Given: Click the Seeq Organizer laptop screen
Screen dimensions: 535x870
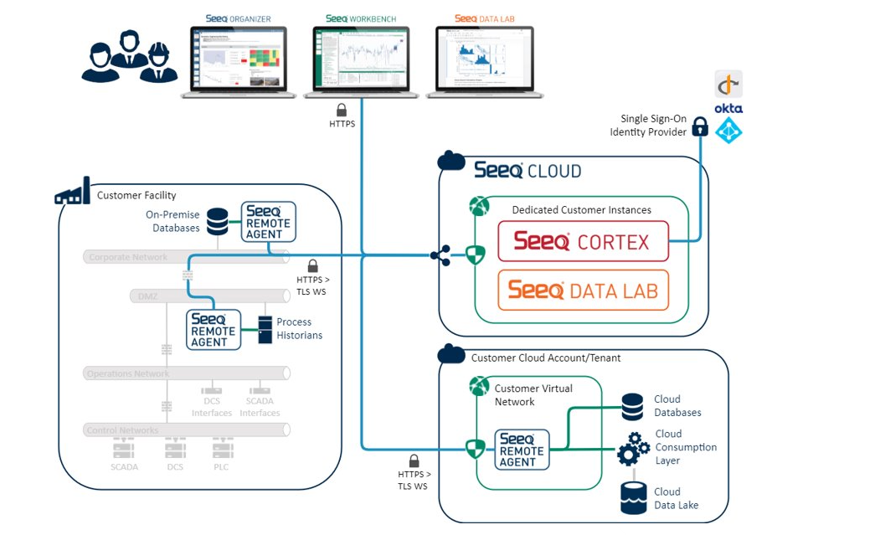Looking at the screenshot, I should [234, 58].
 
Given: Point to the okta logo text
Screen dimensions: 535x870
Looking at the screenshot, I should [728, 108].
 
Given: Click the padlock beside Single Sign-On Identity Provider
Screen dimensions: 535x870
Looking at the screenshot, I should [700, 126].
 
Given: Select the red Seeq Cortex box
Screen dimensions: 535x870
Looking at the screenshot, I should [583, 242].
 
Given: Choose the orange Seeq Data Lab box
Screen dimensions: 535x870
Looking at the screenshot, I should [583, 291].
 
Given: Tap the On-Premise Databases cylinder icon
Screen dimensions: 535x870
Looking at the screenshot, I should [217, 221].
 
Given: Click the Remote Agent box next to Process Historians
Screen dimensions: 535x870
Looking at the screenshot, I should [213, 329].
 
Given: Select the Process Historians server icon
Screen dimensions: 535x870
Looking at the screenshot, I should [265, 329].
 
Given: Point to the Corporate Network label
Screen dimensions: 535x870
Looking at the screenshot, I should [128, 257].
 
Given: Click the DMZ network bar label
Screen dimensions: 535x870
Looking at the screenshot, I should [147, 296].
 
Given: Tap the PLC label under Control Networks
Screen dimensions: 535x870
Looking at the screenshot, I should [220, 467].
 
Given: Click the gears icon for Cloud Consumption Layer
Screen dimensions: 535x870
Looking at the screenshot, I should [633, 448].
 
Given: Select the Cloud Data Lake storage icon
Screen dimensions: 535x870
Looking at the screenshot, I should [633, 497].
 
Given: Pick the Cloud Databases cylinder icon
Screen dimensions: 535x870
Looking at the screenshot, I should [633, 407].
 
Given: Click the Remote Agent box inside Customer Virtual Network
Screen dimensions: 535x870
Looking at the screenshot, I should [522, 450].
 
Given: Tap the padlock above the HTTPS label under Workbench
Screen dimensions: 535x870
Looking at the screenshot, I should [342, 110].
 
